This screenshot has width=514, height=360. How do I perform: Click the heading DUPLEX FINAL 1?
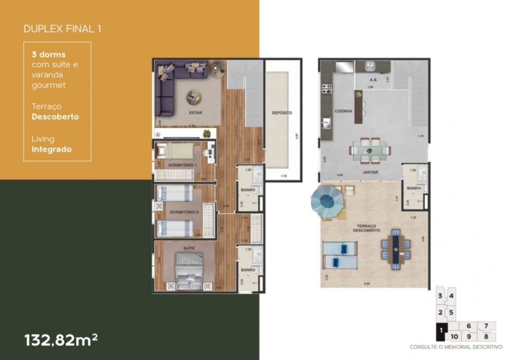click(62, 28)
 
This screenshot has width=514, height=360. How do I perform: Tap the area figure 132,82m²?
click(61, 340)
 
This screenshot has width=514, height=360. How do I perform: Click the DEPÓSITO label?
click(282, 112)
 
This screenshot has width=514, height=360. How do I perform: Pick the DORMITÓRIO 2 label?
click(183, 211)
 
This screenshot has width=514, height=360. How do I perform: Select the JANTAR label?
click(370, 172)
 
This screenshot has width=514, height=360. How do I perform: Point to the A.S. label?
click(374, 80)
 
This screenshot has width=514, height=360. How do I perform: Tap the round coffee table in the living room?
click(194, 96)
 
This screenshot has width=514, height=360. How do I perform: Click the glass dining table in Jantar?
click(370, 150)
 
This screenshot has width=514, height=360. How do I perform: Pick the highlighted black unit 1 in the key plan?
click(440, 333)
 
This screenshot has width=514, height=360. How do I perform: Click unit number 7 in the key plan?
click(486, 326)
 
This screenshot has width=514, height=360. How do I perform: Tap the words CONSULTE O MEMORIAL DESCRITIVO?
click(456, 347)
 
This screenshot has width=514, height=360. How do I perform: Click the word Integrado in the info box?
click(51, 150)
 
